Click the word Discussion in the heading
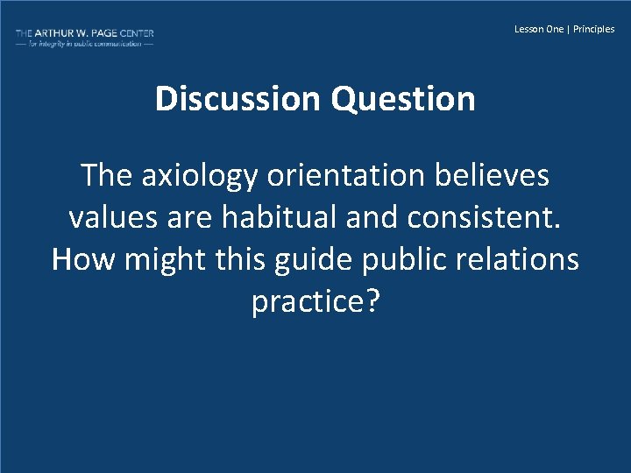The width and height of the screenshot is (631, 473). [x=238, y=99]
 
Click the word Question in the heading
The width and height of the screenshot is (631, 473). [x=403, y=99]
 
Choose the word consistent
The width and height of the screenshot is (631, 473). [x=480, y=217]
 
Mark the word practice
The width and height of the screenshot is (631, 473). [x=308, y=302]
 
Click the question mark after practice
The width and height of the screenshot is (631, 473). [x=372, y=301]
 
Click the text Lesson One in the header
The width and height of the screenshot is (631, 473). [x=539, y=29]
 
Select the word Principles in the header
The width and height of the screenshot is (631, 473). [x=594, y=29]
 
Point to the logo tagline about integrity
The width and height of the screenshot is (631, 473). [x=84, y=43]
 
